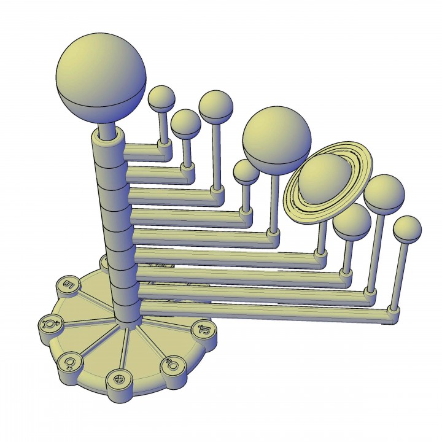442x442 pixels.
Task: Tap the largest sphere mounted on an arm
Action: click(x=277, y=139)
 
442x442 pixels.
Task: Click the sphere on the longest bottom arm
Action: click(x=407, y=229)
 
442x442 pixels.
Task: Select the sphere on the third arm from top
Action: click(x=215, y=106)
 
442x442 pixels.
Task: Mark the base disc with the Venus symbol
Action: click(x=70, y=362)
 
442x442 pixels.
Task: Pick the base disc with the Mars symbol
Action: click(x=171, y=367)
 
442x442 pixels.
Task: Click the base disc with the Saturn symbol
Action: click(x=67, y=285)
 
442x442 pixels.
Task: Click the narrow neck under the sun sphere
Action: click(x=107, y=131)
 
